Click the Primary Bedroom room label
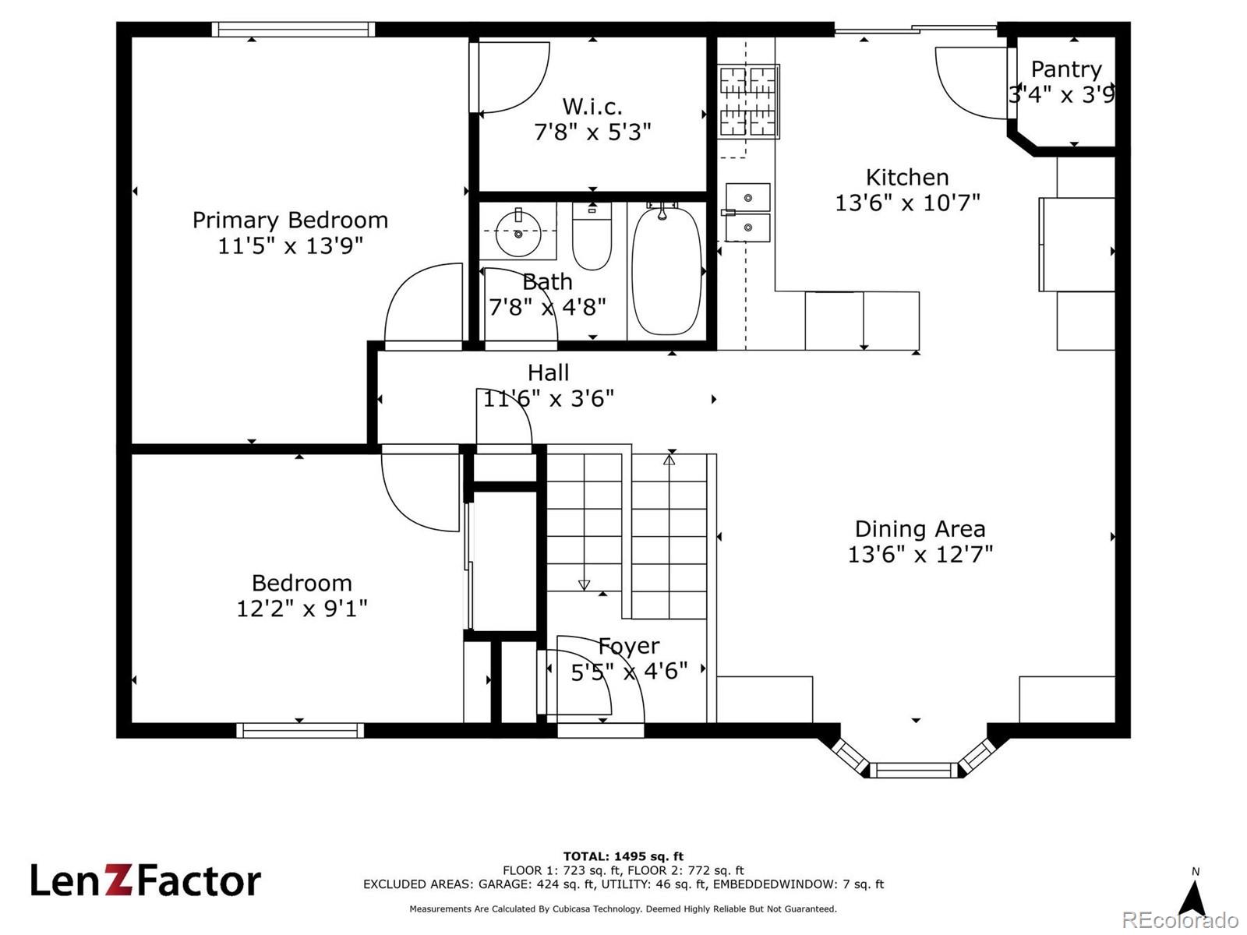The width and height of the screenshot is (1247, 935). pos(290,221)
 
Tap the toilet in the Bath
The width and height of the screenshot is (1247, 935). pos(592,236)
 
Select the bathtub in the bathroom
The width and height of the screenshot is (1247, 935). pos(666,271)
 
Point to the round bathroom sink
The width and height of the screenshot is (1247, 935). pos(518,232)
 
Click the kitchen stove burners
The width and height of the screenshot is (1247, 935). pos(747,101)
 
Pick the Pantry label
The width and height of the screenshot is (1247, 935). pos(1065,69)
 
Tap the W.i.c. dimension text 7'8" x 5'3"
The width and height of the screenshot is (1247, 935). pos(592,132)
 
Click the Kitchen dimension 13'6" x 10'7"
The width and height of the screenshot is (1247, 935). pos(907,203)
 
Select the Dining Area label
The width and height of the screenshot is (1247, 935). pos(920,529)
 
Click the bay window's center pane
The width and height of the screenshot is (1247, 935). pos(914,771)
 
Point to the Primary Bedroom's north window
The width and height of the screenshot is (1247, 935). pos(293,30)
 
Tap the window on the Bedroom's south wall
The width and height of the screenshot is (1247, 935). pos(300,731)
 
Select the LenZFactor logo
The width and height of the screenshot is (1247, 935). pos(146,880)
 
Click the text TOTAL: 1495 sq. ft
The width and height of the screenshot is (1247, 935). pos(623,856)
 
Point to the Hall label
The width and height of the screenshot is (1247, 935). pos(548,373)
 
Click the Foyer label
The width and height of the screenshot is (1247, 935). pos(629,647)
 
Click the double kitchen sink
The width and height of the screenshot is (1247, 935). pos(747,212)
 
